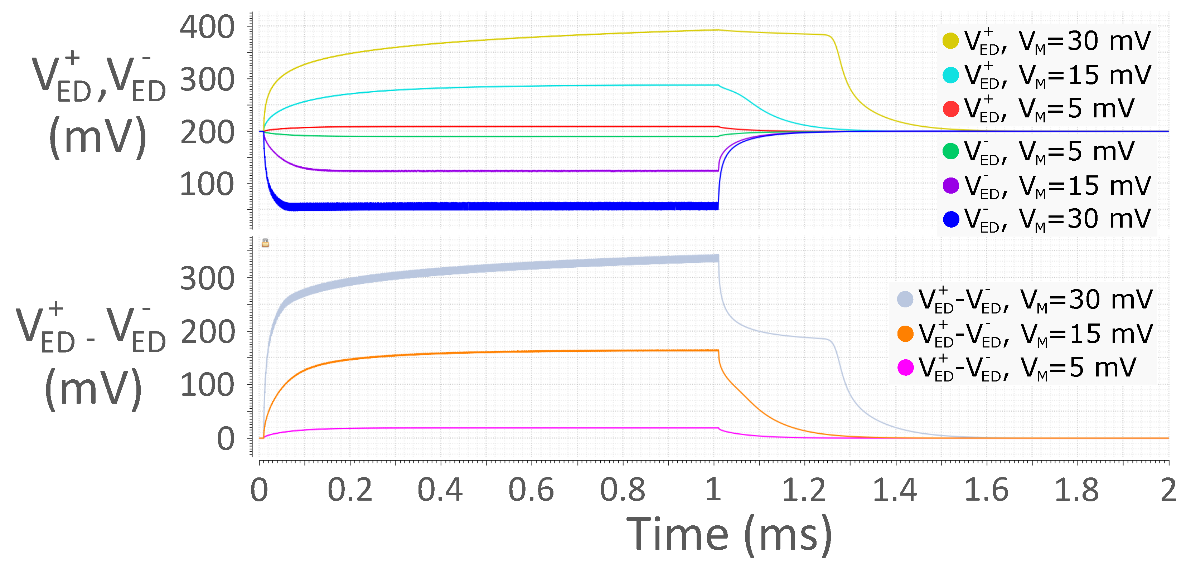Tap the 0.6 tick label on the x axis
point(531,490)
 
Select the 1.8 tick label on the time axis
point(1076,490)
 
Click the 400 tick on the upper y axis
point(207,27)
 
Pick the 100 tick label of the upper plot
point(207,185)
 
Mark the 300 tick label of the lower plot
point(207,279)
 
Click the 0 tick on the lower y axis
point(226,439)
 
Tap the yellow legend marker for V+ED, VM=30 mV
point(951,40)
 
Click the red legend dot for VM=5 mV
point(951,109)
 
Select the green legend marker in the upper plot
point(951,151)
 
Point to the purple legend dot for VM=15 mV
point(951,185)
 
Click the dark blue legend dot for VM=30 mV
point(951,219)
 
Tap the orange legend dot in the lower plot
point(905,334)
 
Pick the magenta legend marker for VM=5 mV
point(905,368)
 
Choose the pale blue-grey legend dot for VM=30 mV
point(905,299)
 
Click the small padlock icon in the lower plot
point(265,243)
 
